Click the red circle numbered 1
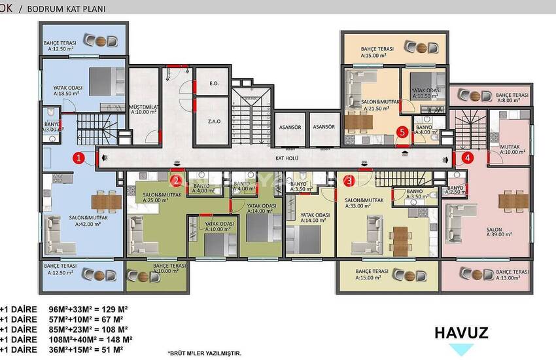click(x=78, y=157)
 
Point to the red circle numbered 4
click(x=466, y=157)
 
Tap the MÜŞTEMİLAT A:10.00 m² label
click(x=145, y=108)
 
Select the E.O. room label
click(x=213, y=84)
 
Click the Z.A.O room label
click(x=213, y=122)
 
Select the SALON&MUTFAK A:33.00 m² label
click(x=364, y=203)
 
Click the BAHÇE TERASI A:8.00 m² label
click(x=512, y=98)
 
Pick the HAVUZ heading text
click(x=461, y=333)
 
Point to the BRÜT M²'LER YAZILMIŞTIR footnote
click(x=204, y=353)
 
